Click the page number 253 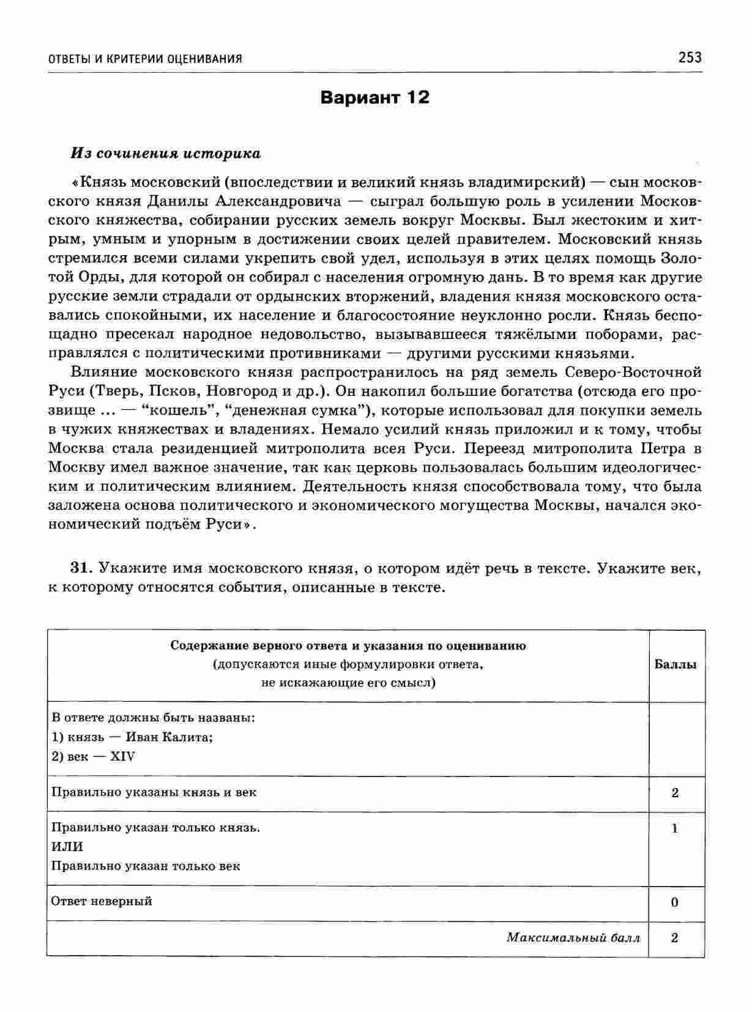[x=690, y=58]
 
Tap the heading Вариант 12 [x=375, y=98]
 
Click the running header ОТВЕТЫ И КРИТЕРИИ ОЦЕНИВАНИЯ [x=145, y=59]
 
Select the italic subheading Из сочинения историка [x=166, y=154]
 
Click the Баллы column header [x=676, y=664]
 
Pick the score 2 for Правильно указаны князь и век [x=675, y=793]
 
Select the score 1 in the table [x=675, y=829]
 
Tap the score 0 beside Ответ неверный [x=675, y=902]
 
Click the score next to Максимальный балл [x=675, y=938]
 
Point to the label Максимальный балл [x=573, y=938]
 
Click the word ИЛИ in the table [x=67, y=847]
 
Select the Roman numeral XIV [x=122, y=756]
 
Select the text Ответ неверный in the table [x=102, y=901]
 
